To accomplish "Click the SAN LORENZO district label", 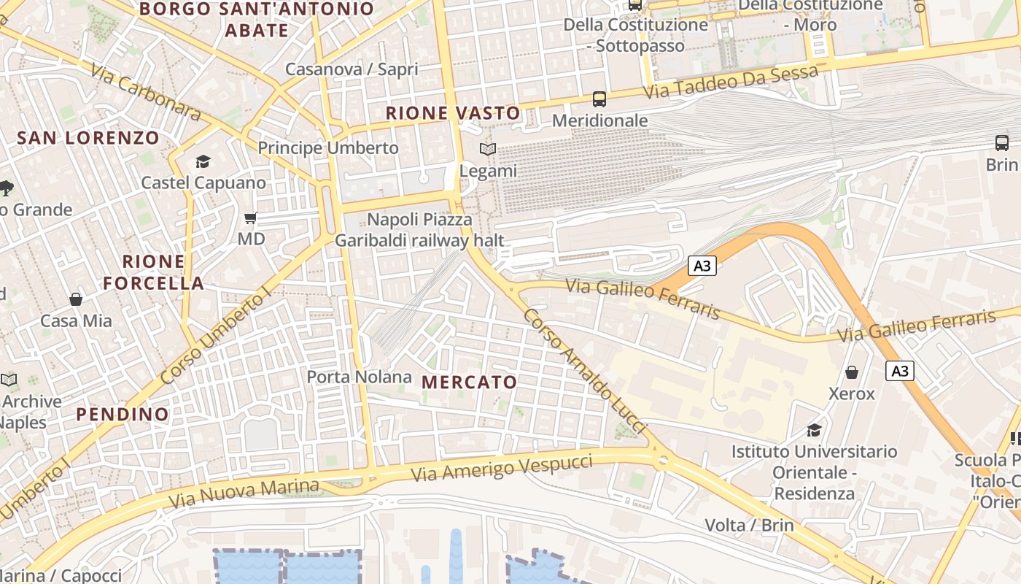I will [88, 137].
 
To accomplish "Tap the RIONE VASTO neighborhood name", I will [453, 113].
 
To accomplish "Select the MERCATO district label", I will [469, 382].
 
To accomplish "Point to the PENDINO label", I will [123, 415].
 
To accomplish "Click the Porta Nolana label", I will [359, 377].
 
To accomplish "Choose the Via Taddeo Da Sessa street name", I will [731, 82].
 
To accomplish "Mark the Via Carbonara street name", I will [146, 92].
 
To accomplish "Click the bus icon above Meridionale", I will [599, 99].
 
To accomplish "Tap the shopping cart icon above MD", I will [251, 218].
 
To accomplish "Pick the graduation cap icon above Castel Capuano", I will [202, 161].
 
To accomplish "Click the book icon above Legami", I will [487, 150].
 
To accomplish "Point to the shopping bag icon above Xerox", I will [851, 373].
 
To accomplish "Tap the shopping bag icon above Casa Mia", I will [76, 299].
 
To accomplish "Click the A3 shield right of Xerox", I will [900, 371].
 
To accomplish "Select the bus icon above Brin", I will [1002, 143].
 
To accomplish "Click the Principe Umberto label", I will [328, 147].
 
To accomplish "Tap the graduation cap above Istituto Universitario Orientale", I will [814, 431].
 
